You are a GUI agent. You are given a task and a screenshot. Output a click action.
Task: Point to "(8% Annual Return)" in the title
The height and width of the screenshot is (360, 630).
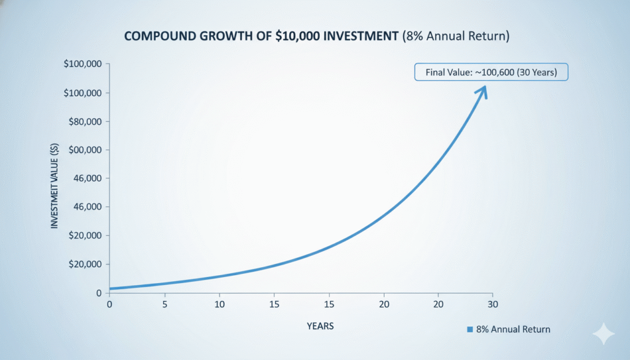coord(456,36)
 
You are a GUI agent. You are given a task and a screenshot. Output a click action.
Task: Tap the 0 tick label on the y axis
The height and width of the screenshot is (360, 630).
coord(98,293)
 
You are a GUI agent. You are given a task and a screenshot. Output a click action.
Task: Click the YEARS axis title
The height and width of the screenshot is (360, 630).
coord(320,326)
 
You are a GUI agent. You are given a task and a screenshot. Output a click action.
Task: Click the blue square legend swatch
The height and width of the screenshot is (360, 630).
coord(470,330)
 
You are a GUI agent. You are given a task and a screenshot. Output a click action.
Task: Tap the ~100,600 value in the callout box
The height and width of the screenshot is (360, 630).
coord(495,73)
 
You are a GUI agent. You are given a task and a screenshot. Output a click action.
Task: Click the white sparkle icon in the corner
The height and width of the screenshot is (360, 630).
coord(603,334)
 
